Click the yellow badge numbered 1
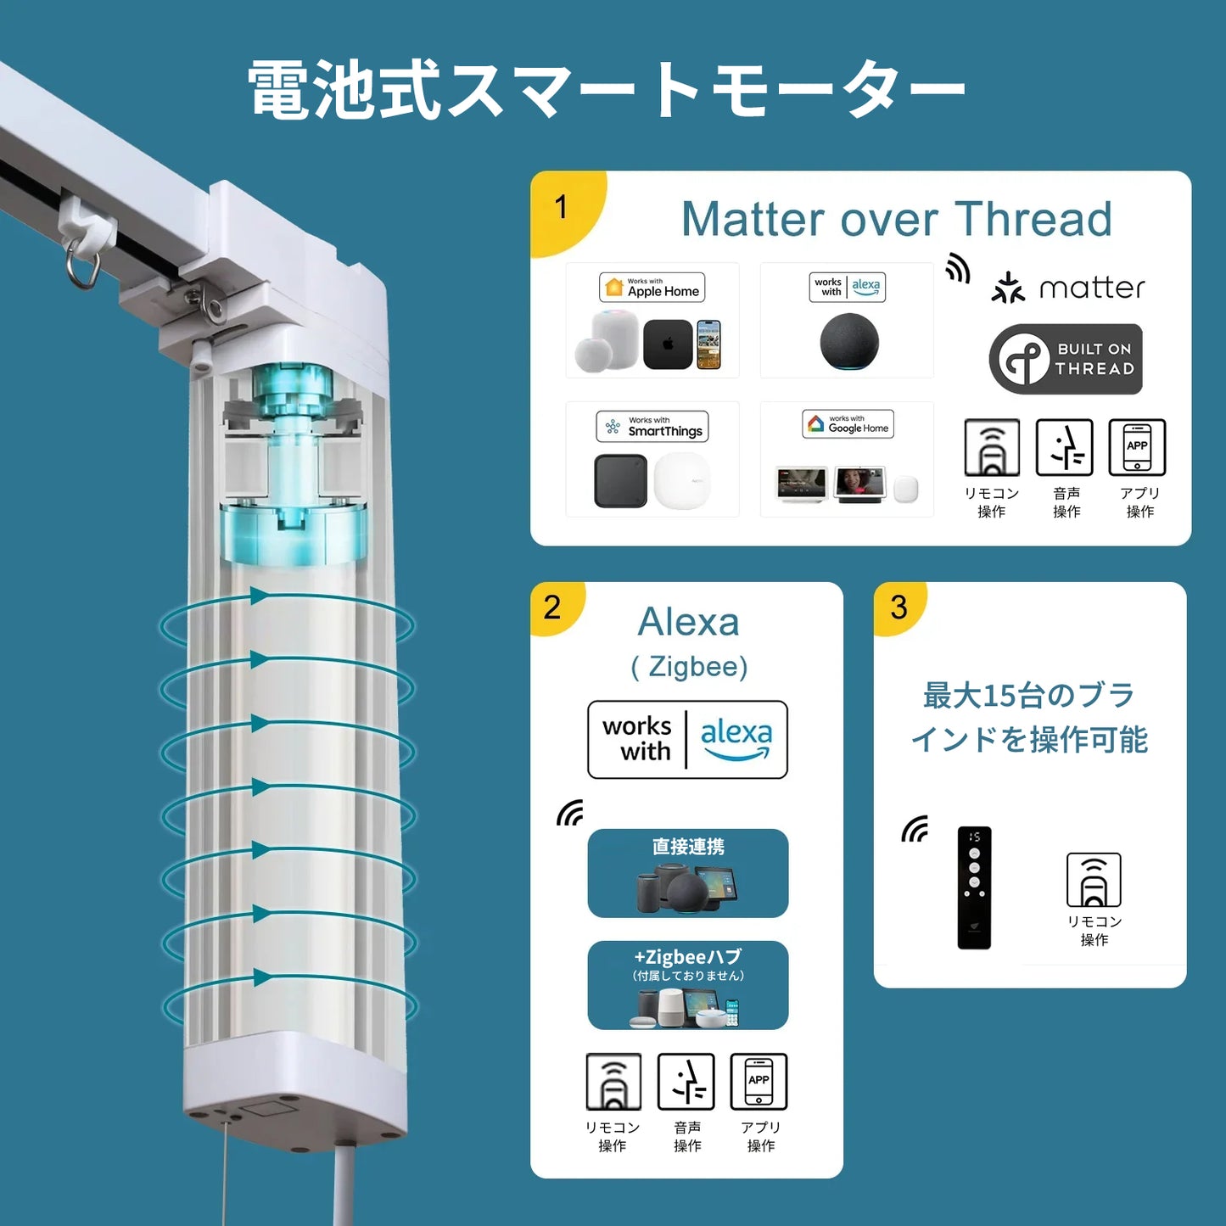[x=563, y=210]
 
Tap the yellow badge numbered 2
[x=553, y=606]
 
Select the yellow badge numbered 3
[x=899, y=607]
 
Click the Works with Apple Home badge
[x=652, y=287]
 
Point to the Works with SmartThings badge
[x=652, y=426]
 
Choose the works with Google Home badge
[x=848, y=423]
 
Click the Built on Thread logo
[x=1066, y=359]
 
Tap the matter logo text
[x=1092, y=288]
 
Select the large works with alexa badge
[x=687, y=739]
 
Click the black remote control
[x=974, y=887]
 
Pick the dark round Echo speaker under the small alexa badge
[x=849, y=342]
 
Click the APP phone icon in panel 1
[x=1137, y=447]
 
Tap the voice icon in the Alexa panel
[x=686, y=1082]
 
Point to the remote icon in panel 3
[x=1094, y=880]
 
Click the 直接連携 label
[x=688, y=847]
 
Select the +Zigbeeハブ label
[x=688, y=957]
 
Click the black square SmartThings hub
[x=620, y=480]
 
